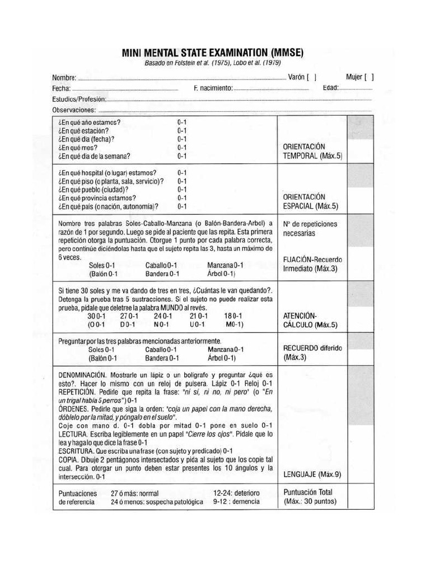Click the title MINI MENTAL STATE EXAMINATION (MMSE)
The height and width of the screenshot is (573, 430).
coord(213,53)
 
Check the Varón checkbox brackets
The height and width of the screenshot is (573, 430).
coord(312,78)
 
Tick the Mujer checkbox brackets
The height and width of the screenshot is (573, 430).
coord(369,78)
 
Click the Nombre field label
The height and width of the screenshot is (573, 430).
coord(63,78)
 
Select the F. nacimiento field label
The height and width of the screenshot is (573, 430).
coord(212,88)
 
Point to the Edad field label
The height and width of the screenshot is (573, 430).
coord(330,88)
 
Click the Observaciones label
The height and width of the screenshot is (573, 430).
coord(74,110)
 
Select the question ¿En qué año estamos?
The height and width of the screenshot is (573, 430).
coord(90,122)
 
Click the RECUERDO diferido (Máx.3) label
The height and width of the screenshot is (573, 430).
coord(312,352)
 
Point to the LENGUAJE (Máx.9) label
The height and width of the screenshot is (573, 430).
coord(312,475)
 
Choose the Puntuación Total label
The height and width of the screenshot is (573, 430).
coord(307,492)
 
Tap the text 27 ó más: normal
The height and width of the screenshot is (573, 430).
coord(134,494)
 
